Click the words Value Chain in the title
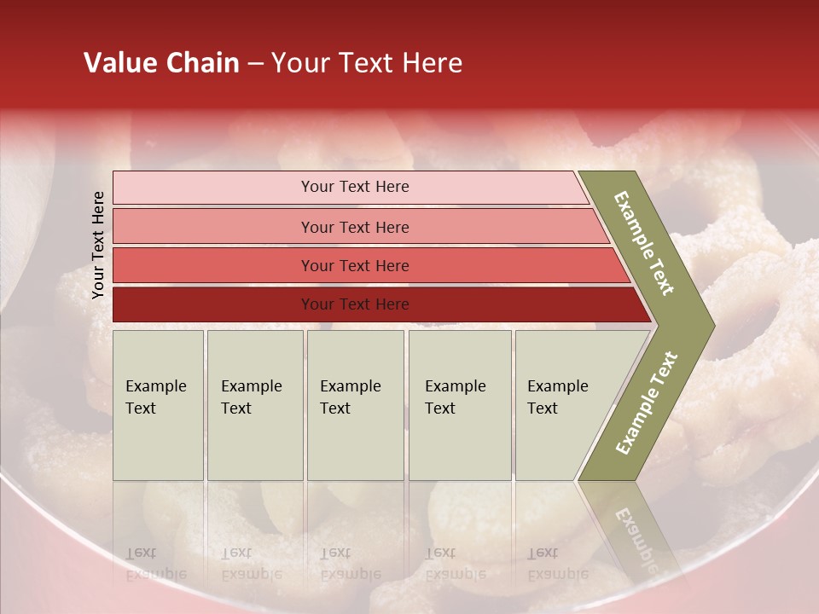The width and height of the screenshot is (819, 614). point(161,63)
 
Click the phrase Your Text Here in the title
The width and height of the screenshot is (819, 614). point(367,63)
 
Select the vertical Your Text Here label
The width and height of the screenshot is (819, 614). point(98,245)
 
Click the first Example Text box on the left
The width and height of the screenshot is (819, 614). point(158,405)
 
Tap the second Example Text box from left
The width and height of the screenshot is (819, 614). point(254,405)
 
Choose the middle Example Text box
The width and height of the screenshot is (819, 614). point(355,405)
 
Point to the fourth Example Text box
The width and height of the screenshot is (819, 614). point(460,405)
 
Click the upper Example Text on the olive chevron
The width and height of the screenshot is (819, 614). point(644,243)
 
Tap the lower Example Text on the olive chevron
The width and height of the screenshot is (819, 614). point(646,403)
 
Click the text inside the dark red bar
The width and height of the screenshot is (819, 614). point(355,304)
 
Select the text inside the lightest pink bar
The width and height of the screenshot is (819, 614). point(355,187)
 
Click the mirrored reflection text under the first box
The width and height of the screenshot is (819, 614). point(155,563)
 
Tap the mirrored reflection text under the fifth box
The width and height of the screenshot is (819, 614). point(557,563)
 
